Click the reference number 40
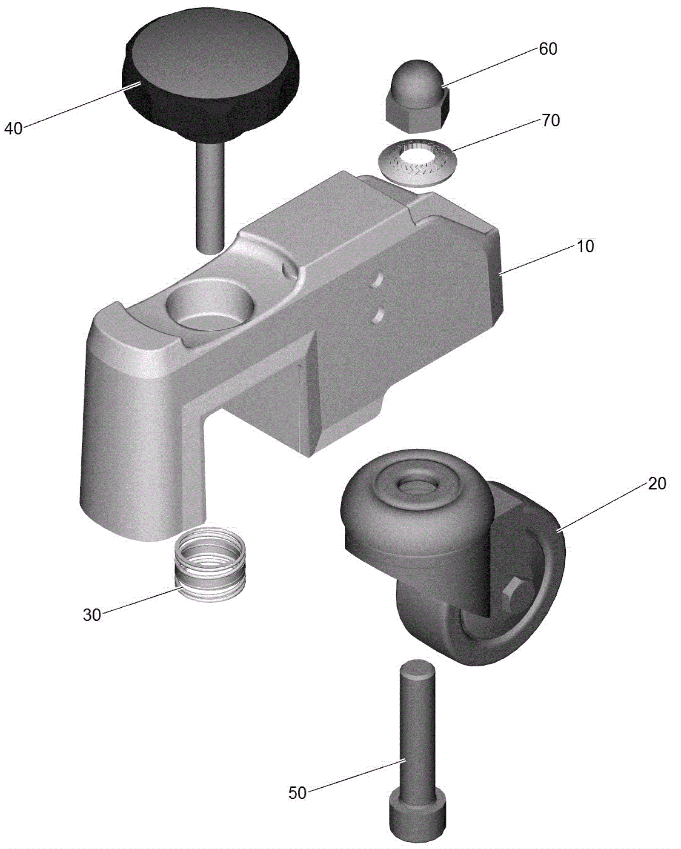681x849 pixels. point(13,128)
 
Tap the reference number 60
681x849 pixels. point(548,49)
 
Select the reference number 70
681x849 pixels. point(551,121)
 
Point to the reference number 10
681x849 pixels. point(585,246)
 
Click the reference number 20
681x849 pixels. point(657,483)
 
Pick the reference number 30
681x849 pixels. point(92,615)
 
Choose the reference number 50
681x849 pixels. point(298,793)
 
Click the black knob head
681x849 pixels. point(211,77)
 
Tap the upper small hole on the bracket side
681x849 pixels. point(376,279)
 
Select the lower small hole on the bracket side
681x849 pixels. point(377,315)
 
